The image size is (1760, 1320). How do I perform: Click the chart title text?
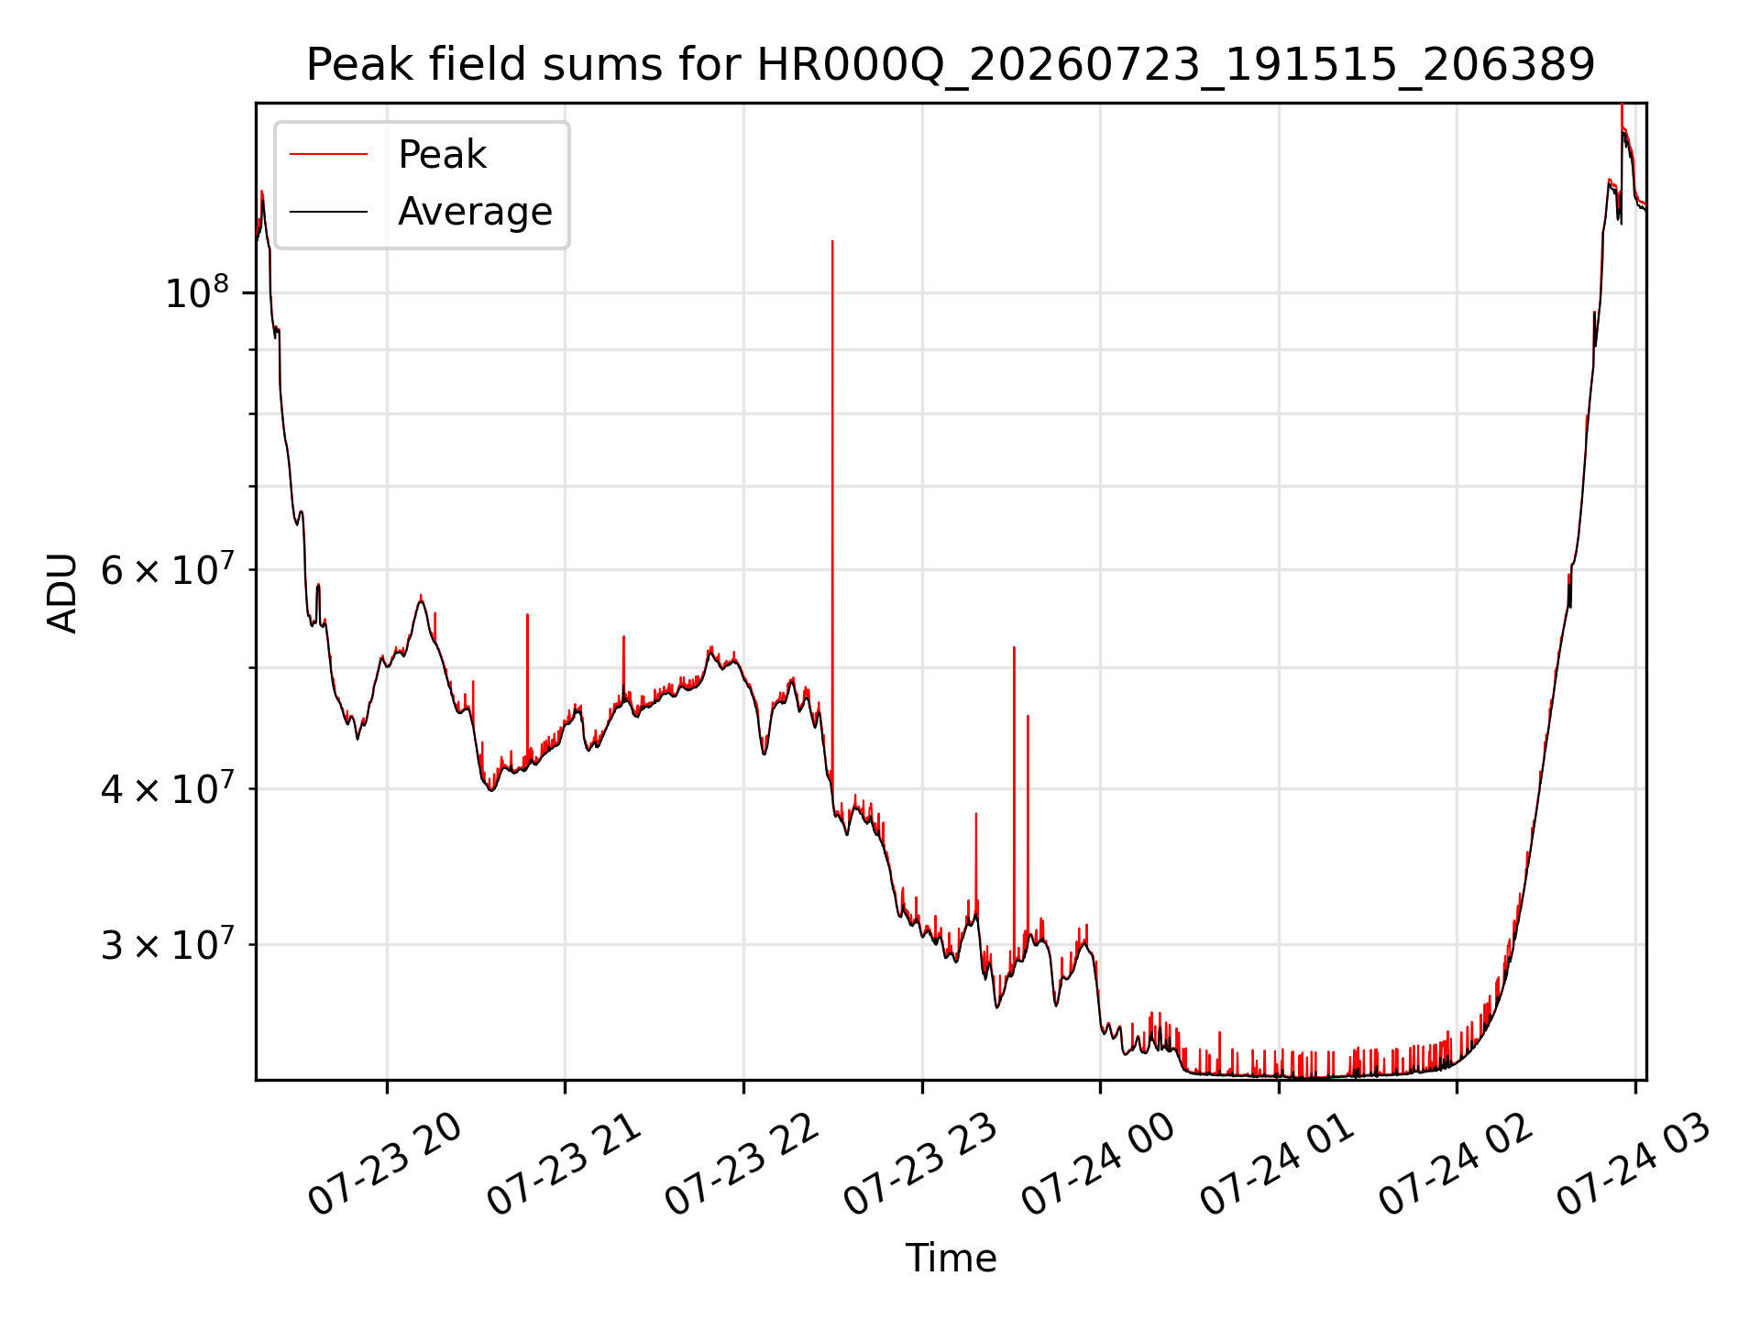[x=951, y=65]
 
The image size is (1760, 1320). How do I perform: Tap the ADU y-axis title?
[x=62, y=592]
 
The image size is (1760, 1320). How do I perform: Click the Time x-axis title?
[x=951, y=1258]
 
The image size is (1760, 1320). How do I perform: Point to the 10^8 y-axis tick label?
[x=197, y=292]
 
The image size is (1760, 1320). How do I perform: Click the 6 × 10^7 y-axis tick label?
[x=166, y=569]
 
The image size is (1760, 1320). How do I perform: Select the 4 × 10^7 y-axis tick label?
[x=166, y=787]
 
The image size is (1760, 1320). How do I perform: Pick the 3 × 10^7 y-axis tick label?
[x=166, y=944]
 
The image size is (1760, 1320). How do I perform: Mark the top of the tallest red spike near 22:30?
[x=832, y=240]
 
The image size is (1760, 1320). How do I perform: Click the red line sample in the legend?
[x=328, y=154]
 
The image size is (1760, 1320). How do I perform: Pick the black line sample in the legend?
[x=328, y=212]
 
